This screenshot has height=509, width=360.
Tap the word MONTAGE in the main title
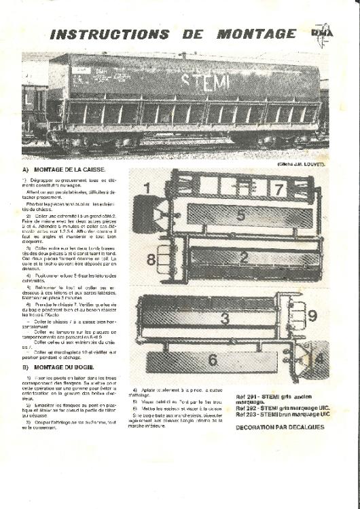[x=257, y=34]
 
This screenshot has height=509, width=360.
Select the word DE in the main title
[x=193, y=34]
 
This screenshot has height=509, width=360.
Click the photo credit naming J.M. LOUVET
[x=302, y=165]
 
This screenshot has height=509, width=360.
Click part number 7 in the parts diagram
[x=277, y=189]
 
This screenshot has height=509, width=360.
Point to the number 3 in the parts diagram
[x=225, y=318]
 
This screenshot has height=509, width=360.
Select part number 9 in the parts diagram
[x=312, y=316]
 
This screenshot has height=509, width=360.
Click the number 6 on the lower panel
[x=212, y=360]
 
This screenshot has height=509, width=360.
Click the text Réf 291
[x=246, y=396]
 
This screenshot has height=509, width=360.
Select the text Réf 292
[x=246, y=407]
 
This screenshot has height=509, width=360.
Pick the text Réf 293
[x=246, y=413]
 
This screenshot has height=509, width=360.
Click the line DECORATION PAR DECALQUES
[x=281, y=428]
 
